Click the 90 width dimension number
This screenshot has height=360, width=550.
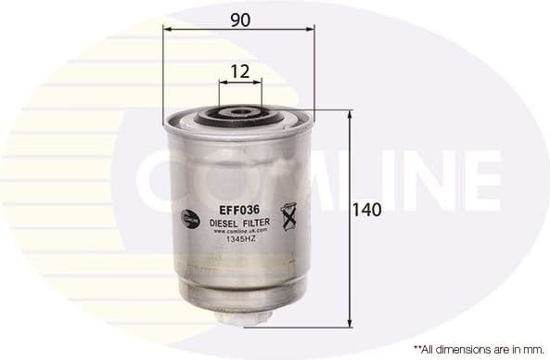point(240,18)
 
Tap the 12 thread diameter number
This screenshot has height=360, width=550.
point(240,70)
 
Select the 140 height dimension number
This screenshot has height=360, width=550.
point(367,211)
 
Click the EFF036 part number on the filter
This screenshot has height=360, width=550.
point(238,210)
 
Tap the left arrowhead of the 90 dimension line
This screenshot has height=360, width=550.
point(167,30)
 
